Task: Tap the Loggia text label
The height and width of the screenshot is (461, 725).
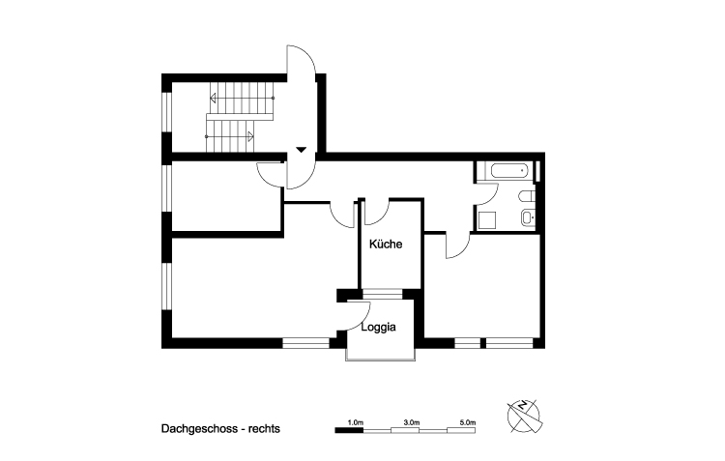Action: click(x=379, y=328)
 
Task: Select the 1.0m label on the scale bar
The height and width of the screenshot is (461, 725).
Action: click(x=355, y=422)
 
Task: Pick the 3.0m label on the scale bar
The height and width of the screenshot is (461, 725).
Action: click(x=411, y=422)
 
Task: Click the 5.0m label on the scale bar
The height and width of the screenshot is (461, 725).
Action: click(x=467, y=422)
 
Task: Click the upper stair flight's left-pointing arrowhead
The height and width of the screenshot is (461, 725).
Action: click(x=214, y=98)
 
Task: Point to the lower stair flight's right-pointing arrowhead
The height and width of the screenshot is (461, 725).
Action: click(x=250, y=136)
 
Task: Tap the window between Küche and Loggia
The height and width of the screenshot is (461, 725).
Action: click(x=387, y=291)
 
